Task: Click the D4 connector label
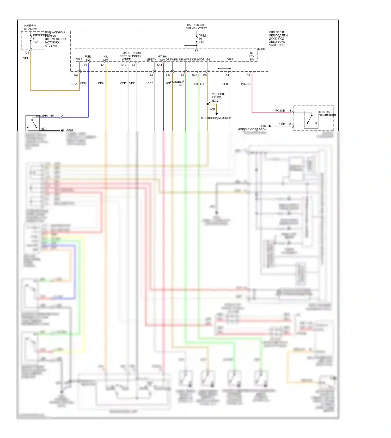coord(27,53)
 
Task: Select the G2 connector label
coord(76,75)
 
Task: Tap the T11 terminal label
coord(84,65)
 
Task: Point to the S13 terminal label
coord(124,65)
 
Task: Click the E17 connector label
coord(168,75)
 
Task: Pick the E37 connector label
coord(195,75)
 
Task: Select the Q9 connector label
coord(205,75)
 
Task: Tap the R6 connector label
coord(248,75)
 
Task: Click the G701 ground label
coord(70,130)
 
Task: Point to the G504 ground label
coord(263,126)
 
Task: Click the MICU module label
coord(261,49)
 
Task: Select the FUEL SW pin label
coord(88,58)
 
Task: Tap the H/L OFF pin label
coord(106,58)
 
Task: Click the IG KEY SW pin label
coord(252,56)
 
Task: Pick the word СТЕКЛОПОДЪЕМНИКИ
coord(216,118)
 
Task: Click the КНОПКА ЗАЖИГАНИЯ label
coord(327,114)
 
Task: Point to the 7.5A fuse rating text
coord(201,42)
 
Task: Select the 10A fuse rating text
coord(36,42)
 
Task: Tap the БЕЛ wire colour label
coord(225,84)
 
